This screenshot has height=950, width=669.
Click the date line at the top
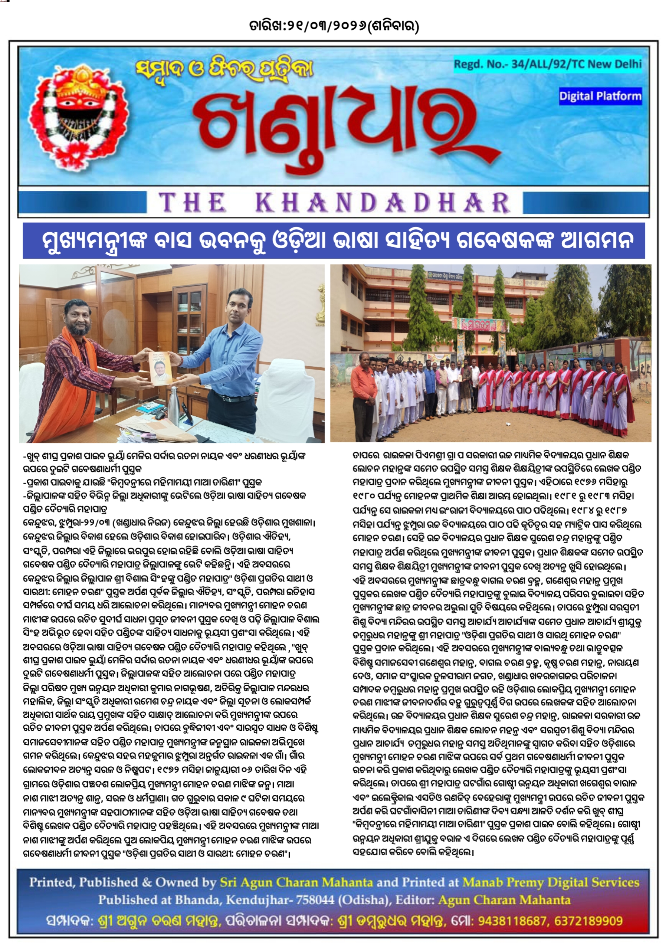coord(334,26)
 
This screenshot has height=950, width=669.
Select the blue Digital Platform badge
coord(600,96)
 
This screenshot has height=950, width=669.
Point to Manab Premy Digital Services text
coord(551,882)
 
